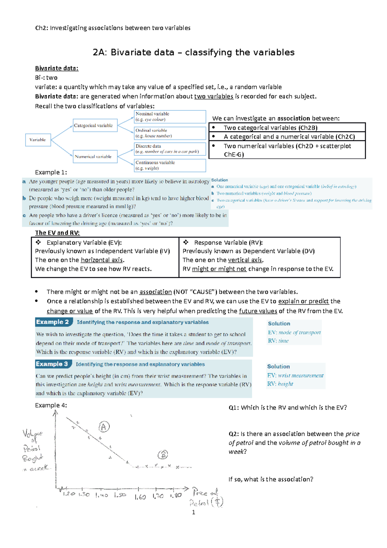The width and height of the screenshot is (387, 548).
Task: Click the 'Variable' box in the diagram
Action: pos(38,140)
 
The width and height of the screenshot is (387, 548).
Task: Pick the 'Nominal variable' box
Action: pos(170,117)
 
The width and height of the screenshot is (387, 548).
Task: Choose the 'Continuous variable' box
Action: pos(170,165)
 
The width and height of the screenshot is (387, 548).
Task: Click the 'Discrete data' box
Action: pos(170,149)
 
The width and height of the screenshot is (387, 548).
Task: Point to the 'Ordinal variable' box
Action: pos(170,133)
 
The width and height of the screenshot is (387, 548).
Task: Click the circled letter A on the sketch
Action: pos(104,427)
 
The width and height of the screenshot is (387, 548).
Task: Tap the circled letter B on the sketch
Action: pos(163,455)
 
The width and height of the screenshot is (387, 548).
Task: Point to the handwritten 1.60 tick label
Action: pos(140,497)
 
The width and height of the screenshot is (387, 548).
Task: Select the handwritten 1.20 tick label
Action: pos(69,494)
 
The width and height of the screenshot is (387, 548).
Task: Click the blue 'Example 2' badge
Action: pos(53,322)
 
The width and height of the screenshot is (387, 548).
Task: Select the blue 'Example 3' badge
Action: pos(52,364)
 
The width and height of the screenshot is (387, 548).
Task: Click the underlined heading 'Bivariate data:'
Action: pos(57,68)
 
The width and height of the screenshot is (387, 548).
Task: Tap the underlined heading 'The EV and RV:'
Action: pos(57,233)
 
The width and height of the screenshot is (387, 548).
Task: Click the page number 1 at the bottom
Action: pos(193,512)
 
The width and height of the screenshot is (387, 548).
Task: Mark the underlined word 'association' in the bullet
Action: pos(155,292)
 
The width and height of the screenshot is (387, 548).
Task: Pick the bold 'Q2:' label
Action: pos(234,434)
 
